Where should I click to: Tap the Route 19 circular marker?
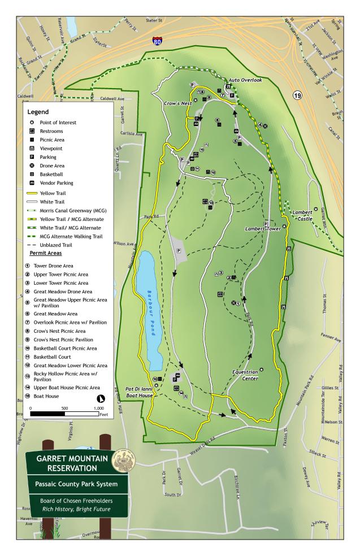click(x=297, y=95)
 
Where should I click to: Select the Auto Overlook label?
click(x=245, y=80)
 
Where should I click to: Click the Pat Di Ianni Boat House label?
click(x=139, y=393)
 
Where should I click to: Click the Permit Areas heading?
click(x=46, y=254)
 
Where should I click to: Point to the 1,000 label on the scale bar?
click(x=99, y=407)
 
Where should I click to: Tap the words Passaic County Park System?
click(x=76, y=484)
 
